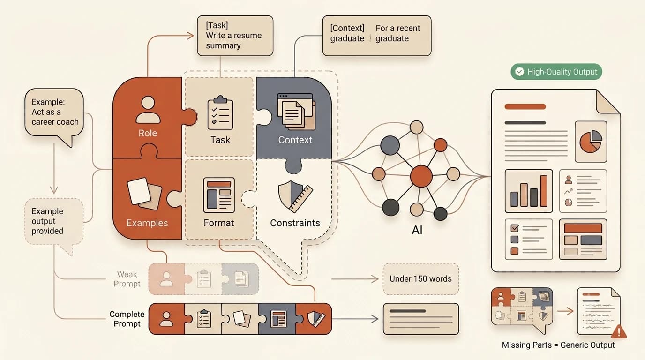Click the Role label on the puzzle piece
tap(148, 133)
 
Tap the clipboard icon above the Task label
tap(220, 112)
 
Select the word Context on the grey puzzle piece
tap(295, 140)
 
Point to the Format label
tap(219, 223)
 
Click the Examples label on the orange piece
tap(147, 223)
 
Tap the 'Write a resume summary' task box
tap(235, 36)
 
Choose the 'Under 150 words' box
tap(420, 279)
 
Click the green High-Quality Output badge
tap(556, 72)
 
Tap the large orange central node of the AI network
tap(421, 176)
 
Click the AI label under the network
tap(417, 230)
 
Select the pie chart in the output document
tap(591, 142)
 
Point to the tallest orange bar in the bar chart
tap(544, 191)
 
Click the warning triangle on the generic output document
tap(619, 331)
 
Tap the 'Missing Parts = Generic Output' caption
tap(558, 345)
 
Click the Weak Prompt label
tap(127, 279)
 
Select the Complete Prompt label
tap(127, 319)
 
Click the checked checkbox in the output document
tap(515, 228)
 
